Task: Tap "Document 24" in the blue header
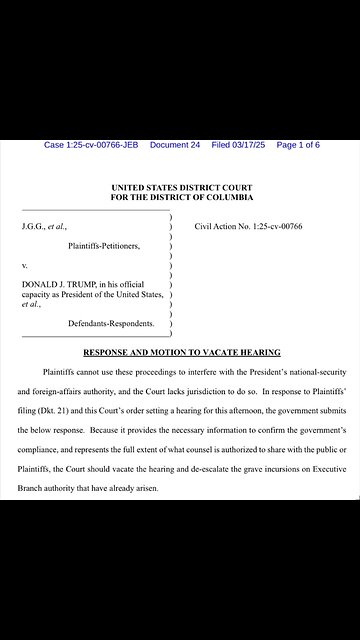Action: [175, 145]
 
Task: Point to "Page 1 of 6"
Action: [298, 145]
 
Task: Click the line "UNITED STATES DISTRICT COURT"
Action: [182, 188]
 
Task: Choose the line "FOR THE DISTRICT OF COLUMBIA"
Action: [182, 198]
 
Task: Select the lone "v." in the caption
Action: [24, 267]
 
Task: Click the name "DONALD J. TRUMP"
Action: [56, 285]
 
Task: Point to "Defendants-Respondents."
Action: [111, 324]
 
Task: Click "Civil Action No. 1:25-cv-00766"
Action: [248, 227]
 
